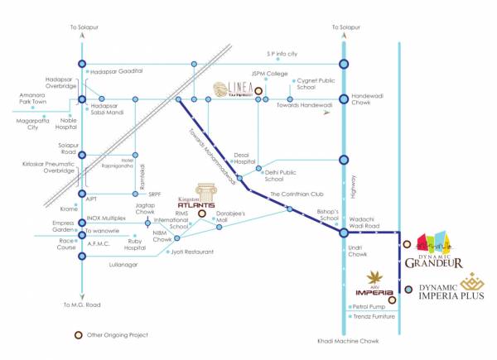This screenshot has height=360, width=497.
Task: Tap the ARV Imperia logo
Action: (x=369, y=286)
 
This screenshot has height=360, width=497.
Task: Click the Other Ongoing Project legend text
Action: (x=120, y=335)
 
